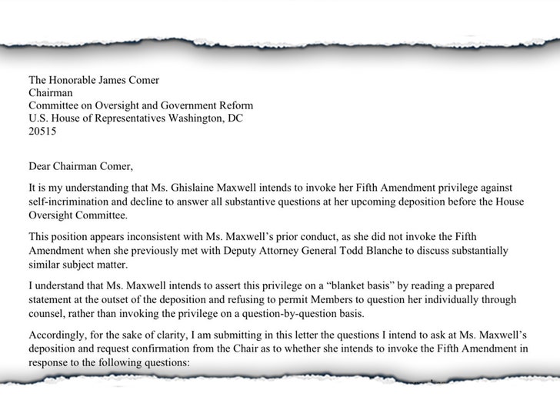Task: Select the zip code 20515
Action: click(42, 132)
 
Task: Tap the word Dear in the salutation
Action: click(40, 165)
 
